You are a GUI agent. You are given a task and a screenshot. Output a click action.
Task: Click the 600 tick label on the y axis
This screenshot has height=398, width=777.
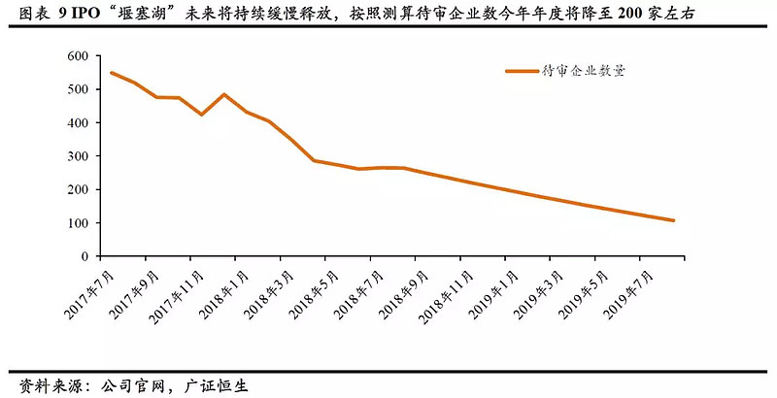tap(79, 56)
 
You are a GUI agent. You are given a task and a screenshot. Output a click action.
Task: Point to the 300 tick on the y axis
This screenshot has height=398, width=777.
tap(79, 156)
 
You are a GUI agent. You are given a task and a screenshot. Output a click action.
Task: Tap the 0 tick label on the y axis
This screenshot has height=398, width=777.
tap(85, 256)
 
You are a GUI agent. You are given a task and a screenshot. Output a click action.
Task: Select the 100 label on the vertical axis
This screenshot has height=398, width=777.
tap(79, 223)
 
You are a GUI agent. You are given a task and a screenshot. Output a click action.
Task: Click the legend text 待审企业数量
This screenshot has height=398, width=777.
tap(583, 71)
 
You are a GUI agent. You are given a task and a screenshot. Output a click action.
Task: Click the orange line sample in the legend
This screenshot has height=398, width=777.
tap(522, 71)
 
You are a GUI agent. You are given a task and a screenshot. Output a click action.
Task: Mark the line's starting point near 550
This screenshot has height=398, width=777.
tap(113, 73)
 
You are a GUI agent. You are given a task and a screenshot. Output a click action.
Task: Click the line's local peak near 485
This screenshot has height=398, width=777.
tap(224, 94)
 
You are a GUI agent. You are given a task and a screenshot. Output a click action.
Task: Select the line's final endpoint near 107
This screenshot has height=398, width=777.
tap(673, 220)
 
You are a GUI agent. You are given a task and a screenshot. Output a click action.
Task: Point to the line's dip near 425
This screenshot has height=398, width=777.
tap(202, 115)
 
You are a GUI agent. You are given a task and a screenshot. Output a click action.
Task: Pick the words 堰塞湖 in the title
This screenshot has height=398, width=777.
tap(145, 14)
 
